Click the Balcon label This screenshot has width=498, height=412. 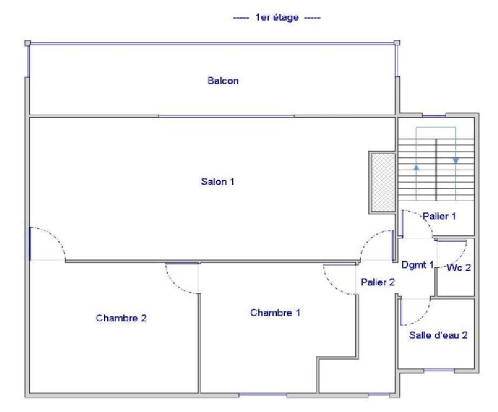click(x=223, y=81)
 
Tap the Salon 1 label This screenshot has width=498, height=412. click(x=217, y=182)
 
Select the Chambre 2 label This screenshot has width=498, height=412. click(x=121, y=318)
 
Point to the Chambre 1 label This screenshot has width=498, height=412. click(x=275, y=313)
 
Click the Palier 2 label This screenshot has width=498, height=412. click(x=377, y=282)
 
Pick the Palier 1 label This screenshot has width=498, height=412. click(x=439, y=216)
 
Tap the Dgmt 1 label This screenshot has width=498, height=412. click(x=417, y=264)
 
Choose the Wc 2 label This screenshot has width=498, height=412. click(x=459, y=268)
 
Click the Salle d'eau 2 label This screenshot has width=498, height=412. click(x=438, y=335)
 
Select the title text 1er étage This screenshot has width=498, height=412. click(x=277, y=17)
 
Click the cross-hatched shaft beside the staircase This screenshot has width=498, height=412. click(x=384, y=183)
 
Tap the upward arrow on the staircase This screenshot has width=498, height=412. click(x=416, y=168)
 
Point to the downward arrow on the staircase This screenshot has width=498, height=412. click(x=456, y=161)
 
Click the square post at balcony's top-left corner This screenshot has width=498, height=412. click(x=28, y=43)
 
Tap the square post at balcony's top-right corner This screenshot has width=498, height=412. click(x=397, y=43)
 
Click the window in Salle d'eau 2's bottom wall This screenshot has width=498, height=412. click(x=439, y=370)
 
